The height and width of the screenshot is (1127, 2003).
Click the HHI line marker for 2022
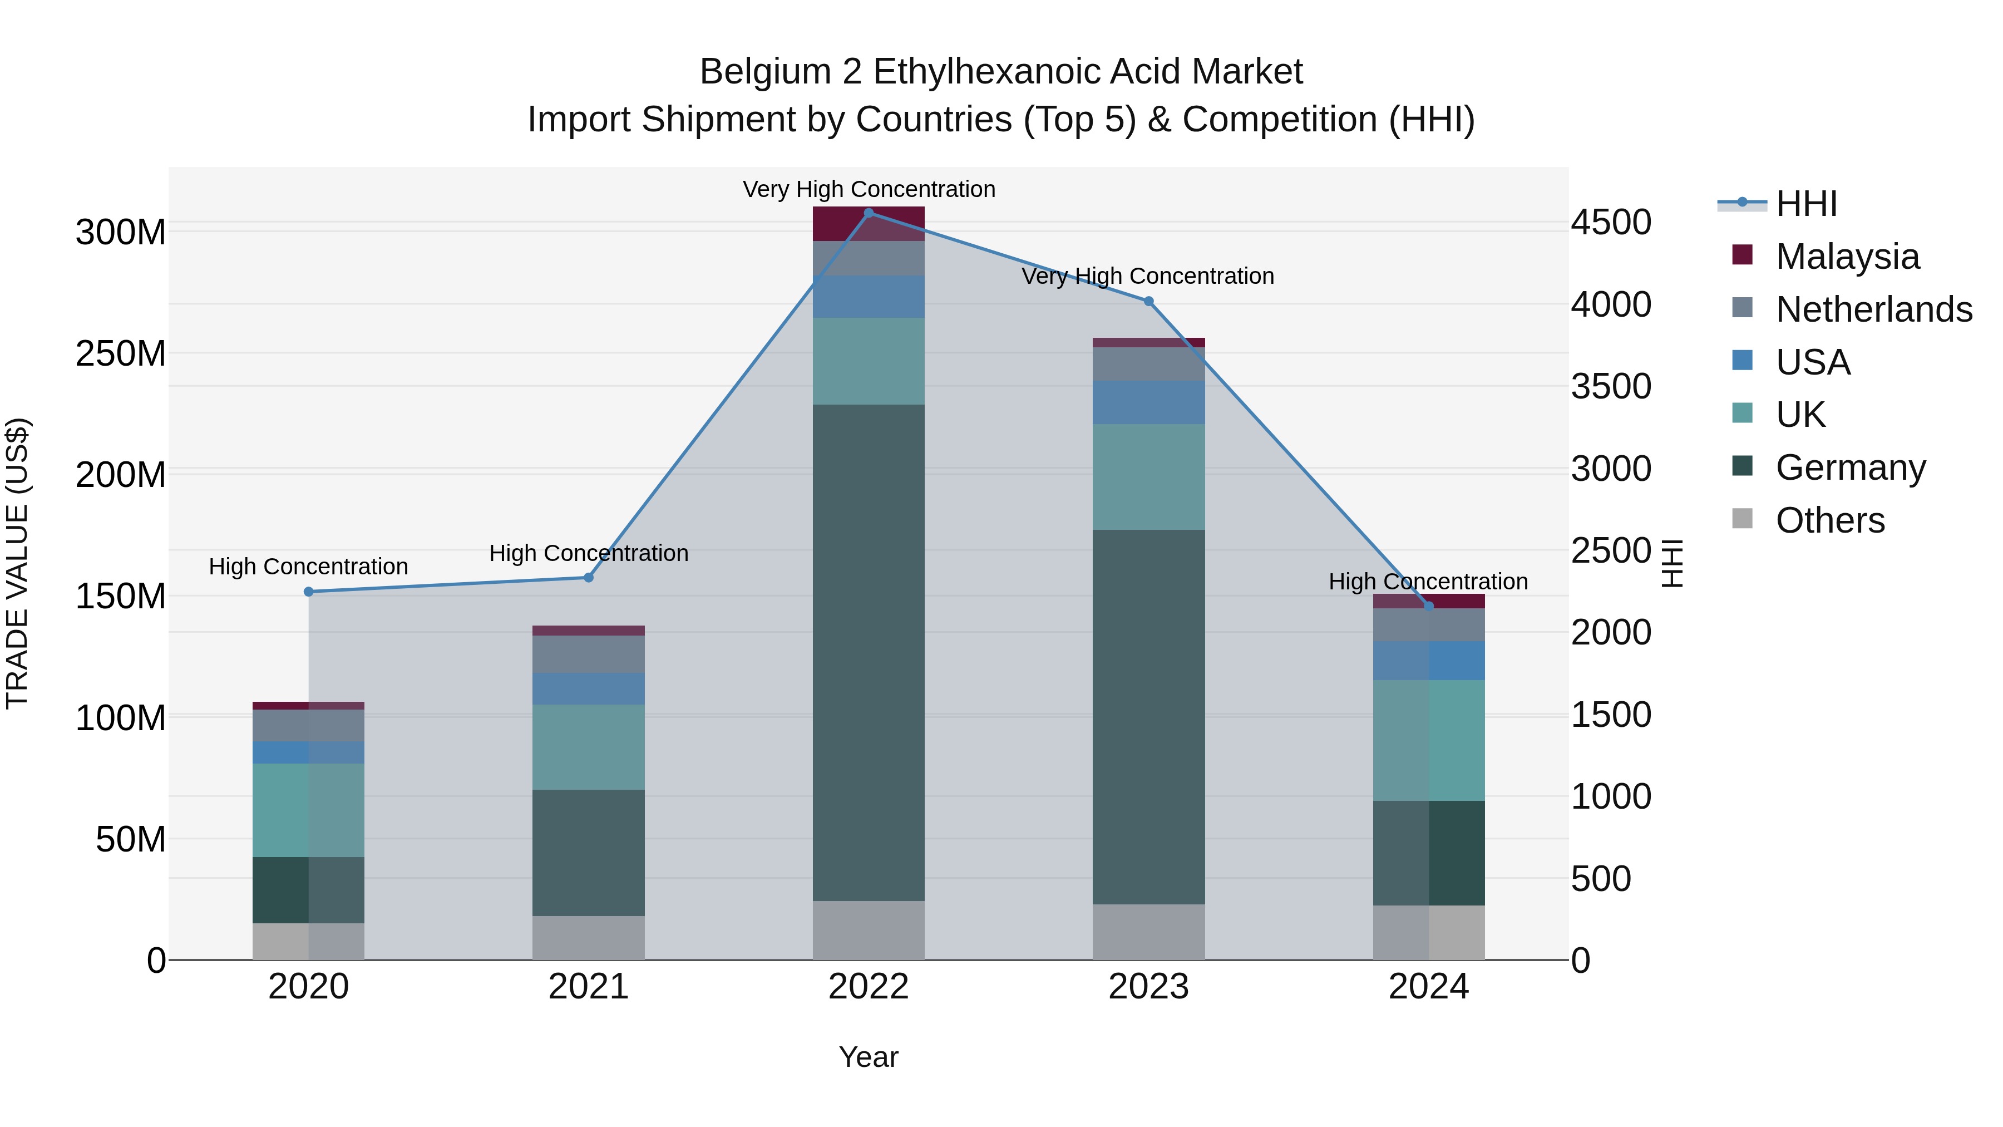[869, 213]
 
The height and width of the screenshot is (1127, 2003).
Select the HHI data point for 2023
[1148, 301]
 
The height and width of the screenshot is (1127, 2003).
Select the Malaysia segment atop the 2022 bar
[869, 224]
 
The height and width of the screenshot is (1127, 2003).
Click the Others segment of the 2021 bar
[589, 937]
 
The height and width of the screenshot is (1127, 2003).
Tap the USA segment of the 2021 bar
[589, 688]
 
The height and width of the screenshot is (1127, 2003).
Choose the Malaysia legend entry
[1847, 256]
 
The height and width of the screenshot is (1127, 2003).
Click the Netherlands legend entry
[1873, 309]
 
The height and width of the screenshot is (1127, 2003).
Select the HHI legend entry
[1805, 204]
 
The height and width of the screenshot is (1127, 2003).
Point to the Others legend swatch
[1743, 519]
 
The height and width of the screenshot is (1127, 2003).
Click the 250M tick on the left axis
[121, 354]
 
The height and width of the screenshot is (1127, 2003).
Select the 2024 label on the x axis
[1428, 987]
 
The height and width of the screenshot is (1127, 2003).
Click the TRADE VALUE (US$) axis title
[17, 563]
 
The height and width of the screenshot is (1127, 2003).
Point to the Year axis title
[869, 1057]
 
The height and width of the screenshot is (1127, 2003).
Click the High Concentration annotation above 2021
[589, 553]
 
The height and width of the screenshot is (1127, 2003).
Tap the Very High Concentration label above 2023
[1148, 276]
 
